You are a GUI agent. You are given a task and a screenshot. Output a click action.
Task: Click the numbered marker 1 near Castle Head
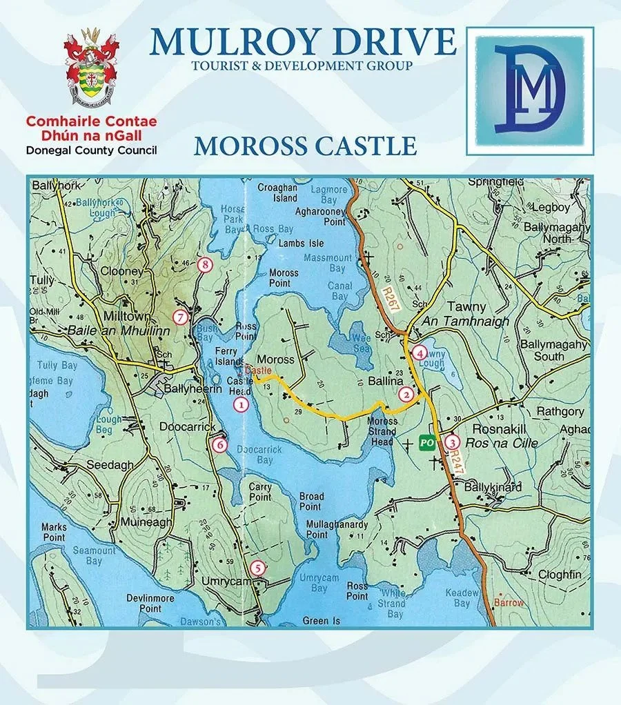pos(241,405)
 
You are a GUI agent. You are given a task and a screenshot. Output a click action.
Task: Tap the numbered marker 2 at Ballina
pos(407,394)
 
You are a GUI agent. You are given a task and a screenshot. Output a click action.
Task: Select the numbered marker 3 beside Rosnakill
pos(451,441)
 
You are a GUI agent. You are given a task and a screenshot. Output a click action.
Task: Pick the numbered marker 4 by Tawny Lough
pos(420,352)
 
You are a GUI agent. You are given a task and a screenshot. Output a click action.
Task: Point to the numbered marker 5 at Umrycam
pos(257,568)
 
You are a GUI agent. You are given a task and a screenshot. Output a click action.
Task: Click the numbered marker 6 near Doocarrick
pos(219,445)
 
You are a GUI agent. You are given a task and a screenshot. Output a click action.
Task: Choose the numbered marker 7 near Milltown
pos(180,317)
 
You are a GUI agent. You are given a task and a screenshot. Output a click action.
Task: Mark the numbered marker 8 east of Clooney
pos(204,264)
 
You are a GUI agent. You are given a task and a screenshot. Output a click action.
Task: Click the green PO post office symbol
pos(428,443)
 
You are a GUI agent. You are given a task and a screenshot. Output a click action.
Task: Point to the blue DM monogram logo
pos(529,90)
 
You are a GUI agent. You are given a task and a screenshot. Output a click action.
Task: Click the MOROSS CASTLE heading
pos(305,146)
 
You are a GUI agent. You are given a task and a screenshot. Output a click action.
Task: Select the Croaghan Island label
pos(277,192)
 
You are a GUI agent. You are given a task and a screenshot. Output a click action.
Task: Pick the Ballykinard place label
pos(493,487)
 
